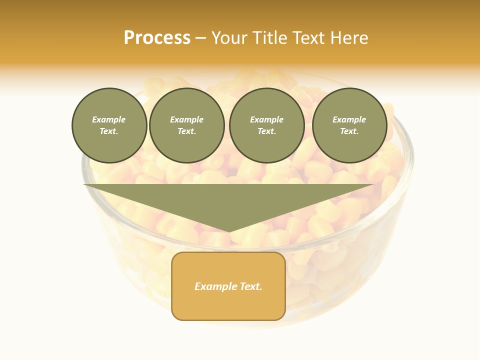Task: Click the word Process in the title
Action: pos(157,38)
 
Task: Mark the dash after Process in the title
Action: pos(200,38)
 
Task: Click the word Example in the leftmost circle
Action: pos(109,119)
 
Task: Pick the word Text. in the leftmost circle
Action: pos(109,131)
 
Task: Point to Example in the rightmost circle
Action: pos(349,119)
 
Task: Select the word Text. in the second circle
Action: pos(187,131)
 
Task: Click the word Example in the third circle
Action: pos(267,119)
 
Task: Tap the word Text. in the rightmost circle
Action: pos(349,131)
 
